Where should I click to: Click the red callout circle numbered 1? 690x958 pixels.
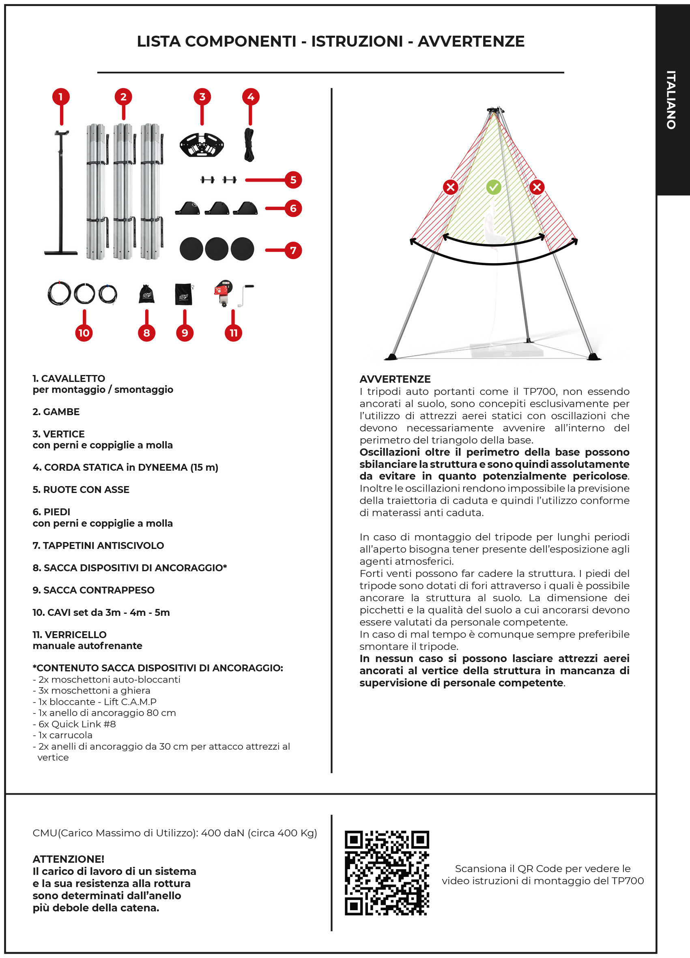pos(61,97)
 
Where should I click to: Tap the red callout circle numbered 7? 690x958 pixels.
pos(293,250)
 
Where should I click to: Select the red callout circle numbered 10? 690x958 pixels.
pos(84,333)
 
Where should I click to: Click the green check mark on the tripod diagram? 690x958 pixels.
pos(494,187)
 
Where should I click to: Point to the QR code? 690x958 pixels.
pos(387,873)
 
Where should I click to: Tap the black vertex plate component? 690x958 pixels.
pos(202,144)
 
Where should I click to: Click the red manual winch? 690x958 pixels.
pos(224,292)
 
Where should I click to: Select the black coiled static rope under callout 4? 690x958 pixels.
pos(249,145)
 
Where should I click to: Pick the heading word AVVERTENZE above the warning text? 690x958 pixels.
pos(395,379)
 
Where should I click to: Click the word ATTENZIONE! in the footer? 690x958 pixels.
pos(69,859)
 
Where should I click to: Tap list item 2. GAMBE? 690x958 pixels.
pos(56,412)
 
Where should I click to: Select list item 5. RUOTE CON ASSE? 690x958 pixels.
pos(81,490)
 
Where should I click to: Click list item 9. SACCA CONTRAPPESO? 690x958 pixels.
pos(93,590)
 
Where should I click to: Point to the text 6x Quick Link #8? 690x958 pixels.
pos(74,724)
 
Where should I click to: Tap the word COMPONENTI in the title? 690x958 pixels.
pos(241,41)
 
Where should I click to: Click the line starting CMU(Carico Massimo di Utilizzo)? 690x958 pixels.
pos(175,833)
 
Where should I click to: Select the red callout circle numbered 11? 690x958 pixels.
pos(233,333)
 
